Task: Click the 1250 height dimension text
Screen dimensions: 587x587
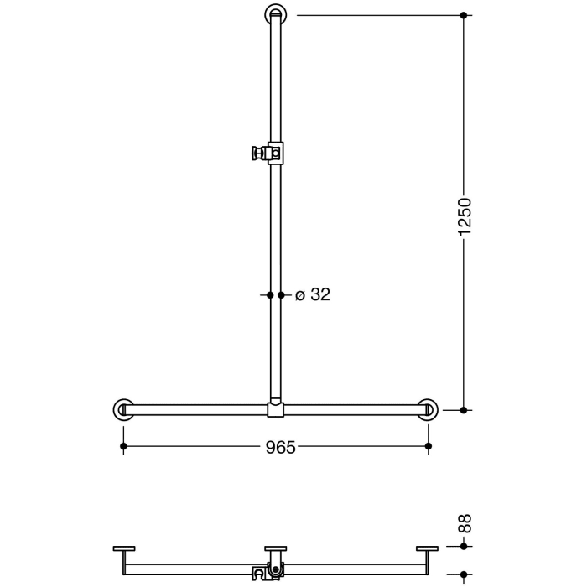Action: click(466, 216)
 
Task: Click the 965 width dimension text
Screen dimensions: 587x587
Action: click(281, 447)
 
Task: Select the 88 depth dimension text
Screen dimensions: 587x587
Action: click(466, 524)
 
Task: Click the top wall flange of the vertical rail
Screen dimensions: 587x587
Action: click(276, 14)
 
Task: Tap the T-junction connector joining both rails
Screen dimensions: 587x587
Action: click(276, 410)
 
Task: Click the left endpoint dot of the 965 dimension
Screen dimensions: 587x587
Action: click(123, 447)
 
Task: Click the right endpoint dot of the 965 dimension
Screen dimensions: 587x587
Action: click(429, 447)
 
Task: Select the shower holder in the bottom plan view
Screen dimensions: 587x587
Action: click(268, 574)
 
